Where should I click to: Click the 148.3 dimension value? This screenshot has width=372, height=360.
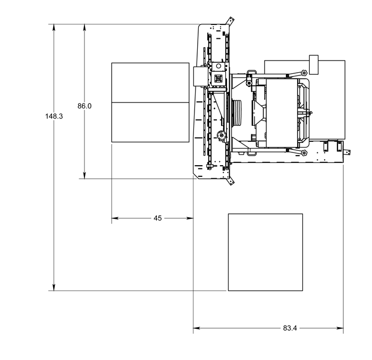pos(54,116)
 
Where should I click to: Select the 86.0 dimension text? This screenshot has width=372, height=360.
pos(84,106)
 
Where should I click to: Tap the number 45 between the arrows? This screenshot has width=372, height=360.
pos(157,218)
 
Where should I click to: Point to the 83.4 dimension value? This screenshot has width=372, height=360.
pos(290,328)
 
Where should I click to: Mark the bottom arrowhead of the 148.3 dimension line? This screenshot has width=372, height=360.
pos(54,287)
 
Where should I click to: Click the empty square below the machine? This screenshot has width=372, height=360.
pos(265,252)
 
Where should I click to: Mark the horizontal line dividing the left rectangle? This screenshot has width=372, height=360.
pos(150,102)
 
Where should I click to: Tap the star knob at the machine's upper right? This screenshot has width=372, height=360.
pos(303,73)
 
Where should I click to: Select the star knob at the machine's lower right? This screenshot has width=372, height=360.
pos(303,153)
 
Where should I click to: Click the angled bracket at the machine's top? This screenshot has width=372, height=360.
pos(230,21)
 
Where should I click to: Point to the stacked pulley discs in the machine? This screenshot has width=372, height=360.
pos(237,113)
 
